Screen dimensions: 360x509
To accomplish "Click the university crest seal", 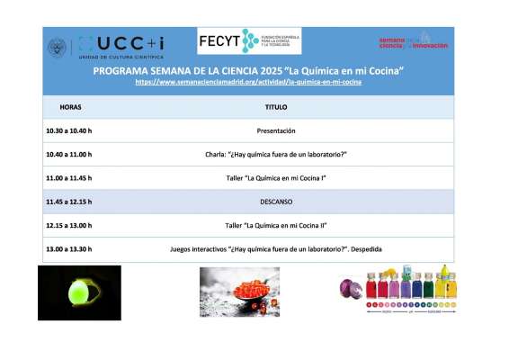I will [58, 47].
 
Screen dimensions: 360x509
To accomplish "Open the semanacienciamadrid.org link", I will [248, 82].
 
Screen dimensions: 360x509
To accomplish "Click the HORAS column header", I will [70, 107].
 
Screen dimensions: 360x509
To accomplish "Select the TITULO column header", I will [276, 107].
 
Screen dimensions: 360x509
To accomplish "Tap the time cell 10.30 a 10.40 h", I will [69, 130].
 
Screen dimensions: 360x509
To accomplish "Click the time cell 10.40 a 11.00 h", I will [69, 154].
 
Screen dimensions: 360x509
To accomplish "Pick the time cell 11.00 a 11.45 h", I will [69, 178].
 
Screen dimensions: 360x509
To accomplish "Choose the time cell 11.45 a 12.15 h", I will [69, 202].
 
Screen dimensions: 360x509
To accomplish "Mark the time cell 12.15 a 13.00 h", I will [69, 225].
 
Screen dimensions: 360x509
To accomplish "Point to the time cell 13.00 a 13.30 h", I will [69, 248].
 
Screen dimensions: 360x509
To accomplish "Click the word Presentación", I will [276, 130].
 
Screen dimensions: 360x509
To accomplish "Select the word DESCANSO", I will [276, 202].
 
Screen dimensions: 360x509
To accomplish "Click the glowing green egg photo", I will [79, 292].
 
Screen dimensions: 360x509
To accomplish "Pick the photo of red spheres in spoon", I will [239, 292].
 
